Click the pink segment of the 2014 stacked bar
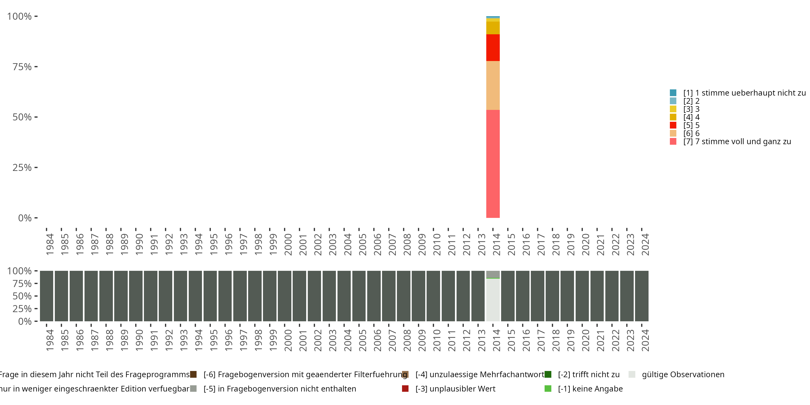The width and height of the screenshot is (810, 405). (x=493, y=164)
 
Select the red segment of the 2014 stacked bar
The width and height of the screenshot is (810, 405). (x=493, y=48)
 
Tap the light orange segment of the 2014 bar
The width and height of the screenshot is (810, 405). (x=493, y=85)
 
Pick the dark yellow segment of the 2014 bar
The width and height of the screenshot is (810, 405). (x=493, y=28)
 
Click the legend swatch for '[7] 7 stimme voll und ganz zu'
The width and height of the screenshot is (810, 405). (x=673, y=141)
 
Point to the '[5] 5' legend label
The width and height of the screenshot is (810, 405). (x=691, y=125)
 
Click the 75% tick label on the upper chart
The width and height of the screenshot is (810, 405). (x=22, y=67)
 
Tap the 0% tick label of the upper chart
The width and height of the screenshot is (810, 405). (x=25, y=218)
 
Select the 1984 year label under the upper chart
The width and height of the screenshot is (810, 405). (x=50, y=244)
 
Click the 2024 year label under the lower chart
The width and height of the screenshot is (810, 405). (x=645, y=340)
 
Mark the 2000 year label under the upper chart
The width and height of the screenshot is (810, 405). (x=288, y=244)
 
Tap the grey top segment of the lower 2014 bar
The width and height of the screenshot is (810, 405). (x=493, y=274)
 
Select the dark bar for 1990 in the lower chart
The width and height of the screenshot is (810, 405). (x=136, y=296)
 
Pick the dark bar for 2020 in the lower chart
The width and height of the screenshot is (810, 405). (x=582, y=296)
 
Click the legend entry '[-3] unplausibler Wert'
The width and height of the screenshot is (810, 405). (x=455, y=389)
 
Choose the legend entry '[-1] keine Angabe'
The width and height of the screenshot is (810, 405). (x=590, y=389)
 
